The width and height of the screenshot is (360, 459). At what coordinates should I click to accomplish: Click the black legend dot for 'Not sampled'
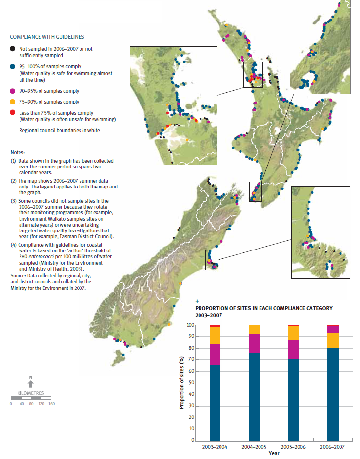pos(12,49)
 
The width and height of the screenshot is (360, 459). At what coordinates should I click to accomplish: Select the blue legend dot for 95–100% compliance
pos(12,66)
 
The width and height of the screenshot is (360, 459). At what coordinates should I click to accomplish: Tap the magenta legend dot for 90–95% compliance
pos(12,91)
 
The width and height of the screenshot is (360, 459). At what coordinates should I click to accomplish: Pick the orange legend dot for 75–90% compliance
pos(12,102)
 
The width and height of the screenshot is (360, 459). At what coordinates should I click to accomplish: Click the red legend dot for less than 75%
pos(12,113)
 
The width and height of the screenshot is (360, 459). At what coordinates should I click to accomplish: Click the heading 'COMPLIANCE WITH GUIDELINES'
pos(47,37)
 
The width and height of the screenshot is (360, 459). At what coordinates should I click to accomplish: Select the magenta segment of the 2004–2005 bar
pos(254,343)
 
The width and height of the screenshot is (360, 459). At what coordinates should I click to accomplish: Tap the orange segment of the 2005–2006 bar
pos(293,333)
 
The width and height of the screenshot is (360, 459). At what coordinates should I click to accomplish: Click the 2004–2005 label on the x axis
pos(254,447)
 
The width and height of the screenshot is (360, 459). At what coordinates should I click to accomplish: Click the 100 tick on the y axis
pos(191,325)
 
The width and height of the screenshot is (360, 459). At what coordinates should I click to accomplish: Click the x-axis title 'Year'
pos(273,454)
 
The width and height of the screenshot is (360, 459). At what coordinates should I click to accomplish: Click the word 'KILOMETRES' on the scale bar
pos(30,393)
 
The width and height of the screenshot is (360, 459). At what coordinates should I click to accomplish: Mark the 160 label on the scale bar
pos(51,404)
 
